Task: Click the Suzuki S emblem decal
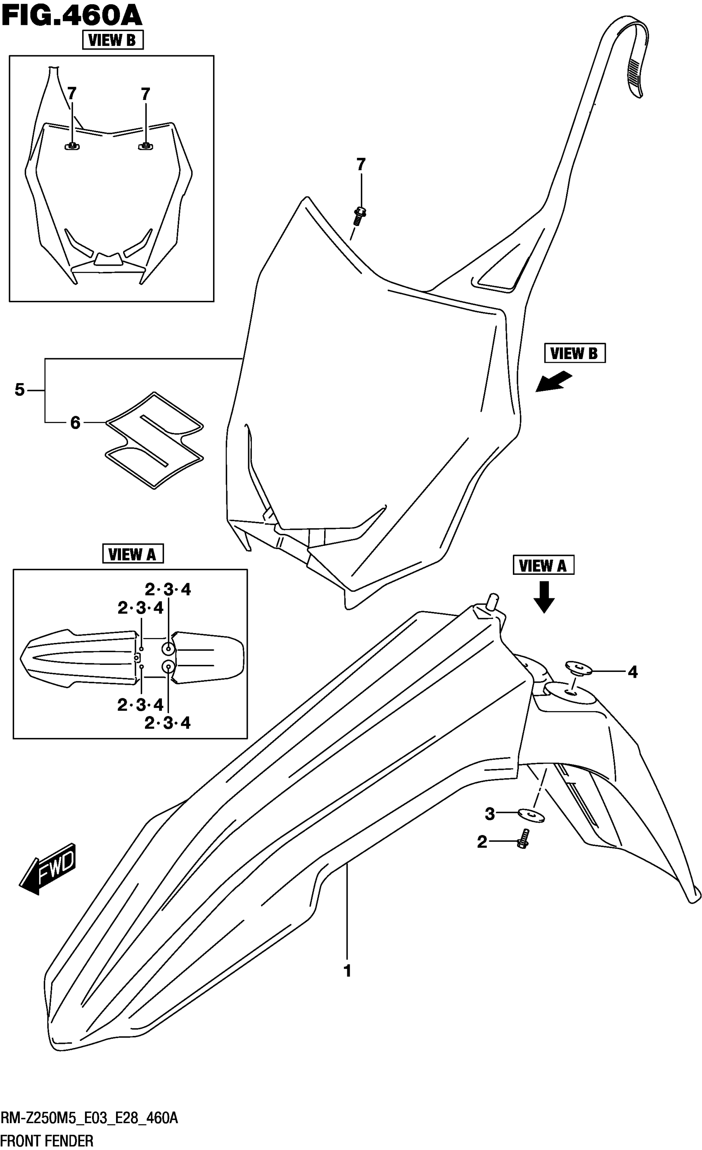pos(154,440)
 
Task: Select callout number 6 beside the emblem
pos(75,423)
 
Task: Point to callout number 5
pos(19,389)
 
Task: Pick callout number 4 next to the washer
pos(632,672)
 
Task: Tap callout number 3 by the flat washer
pos(489,814)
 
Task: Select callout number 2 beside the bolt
pos(482,842)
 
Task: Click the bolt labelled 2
pos(523,839)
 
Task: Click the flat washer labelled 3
pos(531,815)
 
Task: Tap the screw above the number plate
pos(359,216)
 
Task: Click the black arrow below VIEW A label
pos(543,596)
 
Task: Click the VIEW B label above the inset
pos(112,40)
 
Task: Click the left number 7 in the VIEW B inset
pos(71,94)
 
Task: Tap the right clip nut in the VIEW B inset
pos(145,146)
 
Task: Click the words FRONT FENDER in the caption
pos(47,1140)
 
